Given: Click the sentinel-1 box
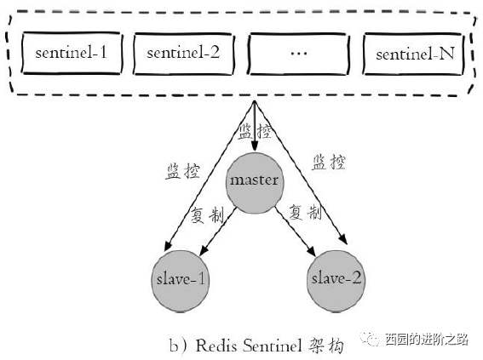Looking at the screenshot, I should tap(71, 54).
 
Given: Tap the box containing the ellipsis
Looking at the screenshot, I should tap(297, 54).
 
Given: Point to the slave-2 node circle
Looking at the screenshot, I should tap(328, 279).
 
